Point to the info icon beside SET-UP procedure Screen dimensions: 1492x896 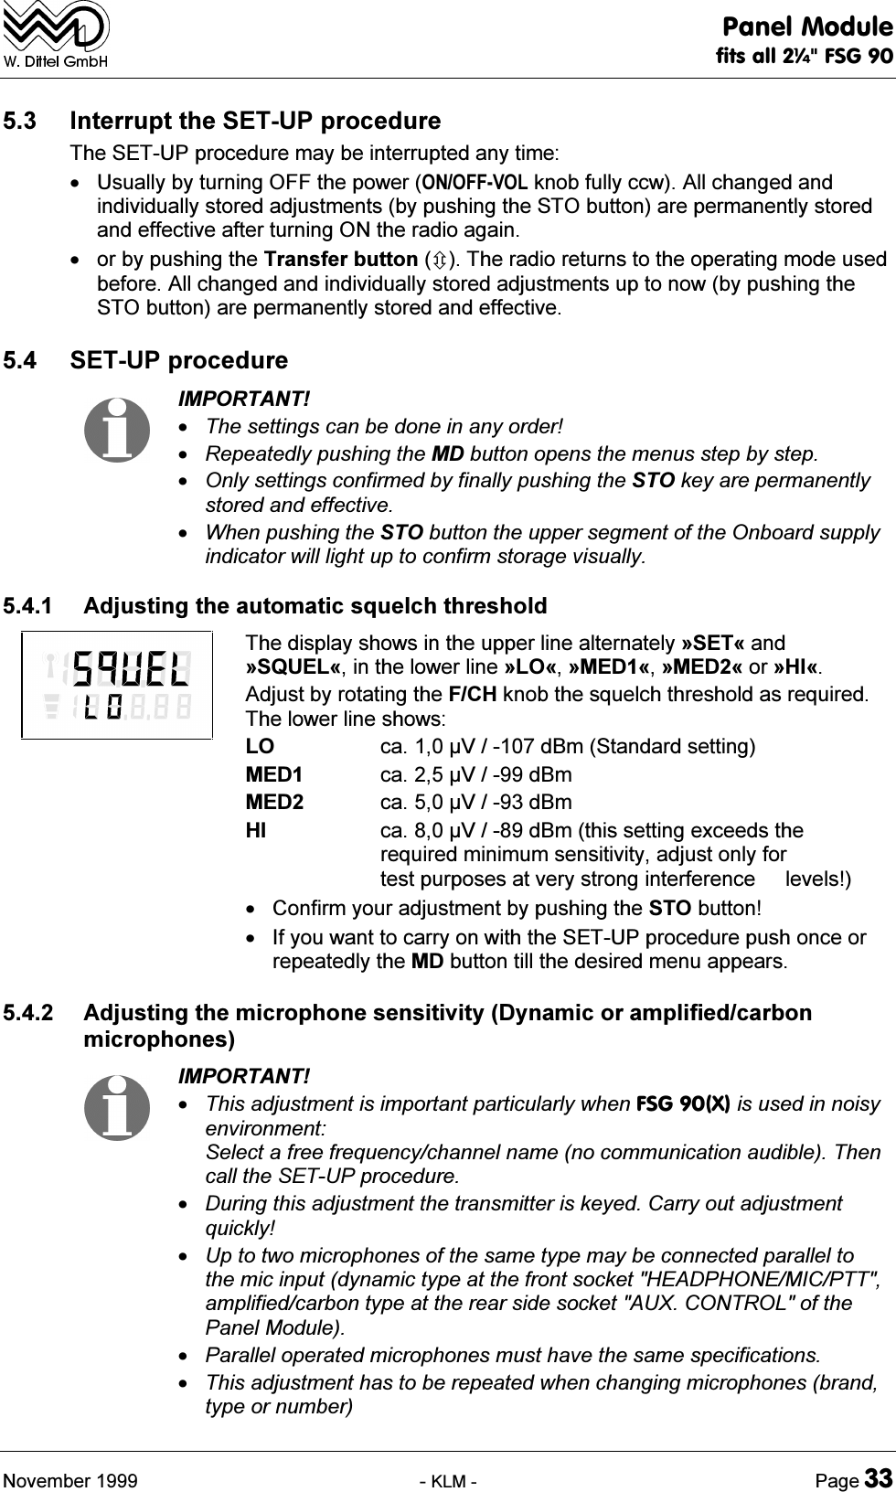pos(116,429)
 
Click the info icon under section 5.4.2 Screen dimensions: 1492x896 pos(116,1106)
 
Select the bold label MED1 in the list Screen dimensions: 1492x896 pos(274,775)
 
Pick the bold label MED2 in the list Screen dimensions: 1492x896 pos(274,803)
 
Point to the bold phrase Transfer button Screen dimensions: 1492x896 pos(336,260)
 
